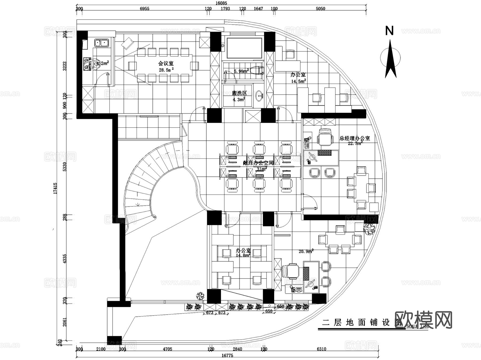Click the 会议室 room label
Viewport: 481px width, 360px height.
click(166, 63)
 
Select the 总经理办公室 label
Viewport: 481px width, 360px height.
click(355, 138)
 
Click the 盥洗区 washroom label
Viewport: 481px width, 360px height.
click(239, 93)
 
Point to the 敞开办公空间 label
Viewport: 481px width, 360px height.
click(258, 163)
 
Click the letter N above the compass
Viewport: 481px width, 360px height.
click(389, 31)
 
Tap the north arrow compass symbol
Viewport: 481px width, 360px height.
click(390, 59)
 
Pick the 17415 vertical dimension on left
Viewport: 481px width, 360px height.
click(55, 188)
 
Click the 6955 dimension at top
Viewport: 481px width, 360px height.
click(144, 9)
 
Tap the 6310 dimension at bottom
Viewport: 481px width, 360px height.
click(321, 349)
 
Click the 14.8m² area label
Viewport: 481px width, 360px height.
click(243, 256)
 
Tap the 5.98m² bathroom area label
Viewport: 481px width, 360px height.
click(241, 71)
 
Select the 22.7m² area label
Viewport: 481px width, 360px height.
click(355, 144)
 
